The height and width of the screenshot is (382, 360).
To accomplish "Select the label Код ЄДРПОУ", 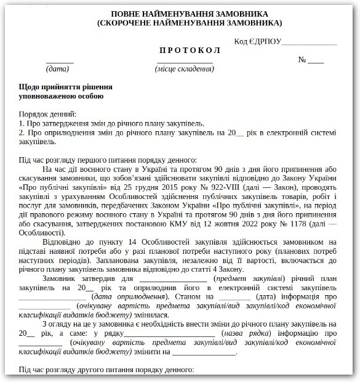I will (x=257, y=41).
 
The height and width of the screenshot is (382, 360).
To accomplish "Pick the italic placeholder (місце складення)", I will (x=184, y=69).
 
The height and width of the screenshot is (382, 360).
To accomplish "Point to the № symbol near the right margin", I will (x=302, y=60).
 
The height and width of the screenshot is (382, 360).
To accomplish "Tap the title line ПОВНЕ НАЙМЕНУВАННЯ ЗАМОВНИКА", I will (x=180, y=13).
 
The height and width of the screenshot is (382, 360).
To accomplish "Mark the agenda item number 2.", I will (x=21, y=133).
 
